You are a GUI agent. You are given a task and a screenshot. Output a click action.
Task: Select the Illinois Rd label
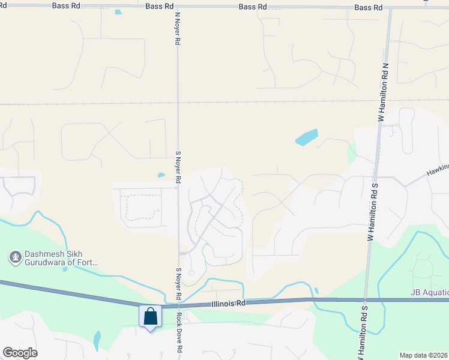(229, 304)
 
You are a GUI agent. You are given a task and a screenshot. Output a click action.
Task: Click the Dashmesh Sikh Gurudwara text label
(61, 258)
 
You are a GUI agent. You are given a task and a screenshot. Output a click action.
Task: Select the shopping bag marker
(149, 317)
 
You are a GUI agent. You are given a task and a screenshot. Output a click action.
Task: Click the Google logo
(20, 353)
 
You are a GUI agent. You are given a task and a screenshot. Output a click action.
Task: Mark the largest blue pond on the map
(307, 138)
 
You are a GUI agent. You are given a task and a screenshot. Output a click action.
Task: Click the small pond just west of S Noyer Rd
(161, 175)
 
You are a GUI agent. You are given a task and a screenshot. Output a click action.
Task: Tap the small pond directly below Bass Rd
(118, 12)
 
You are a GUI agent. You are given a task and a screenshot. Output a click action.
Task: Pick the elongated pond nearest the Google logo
(97, 341)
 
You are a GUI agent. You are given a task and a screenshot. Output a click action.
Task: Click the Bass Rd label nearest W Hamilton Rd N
(368, 7)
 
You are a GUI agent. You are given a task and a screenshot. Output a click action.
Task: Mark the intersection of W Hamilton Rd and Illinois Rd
(364, 299)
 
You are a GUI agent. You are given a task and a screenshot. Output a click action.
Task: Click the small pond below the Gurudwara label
(65, 269)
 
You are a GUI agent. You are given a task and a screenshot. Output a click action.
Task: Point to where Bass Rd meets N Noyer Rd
(178, 6)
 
